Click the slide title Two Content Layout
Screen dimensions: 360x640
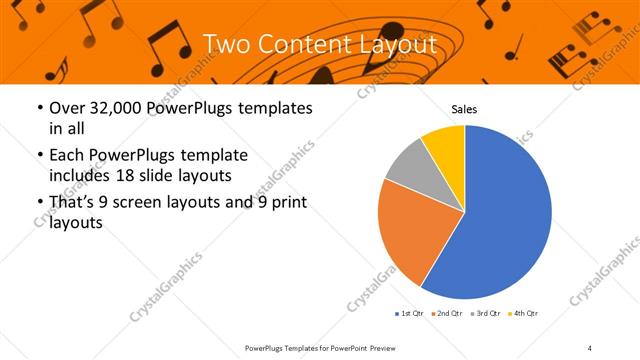pyautogui.click(x=319, y=44)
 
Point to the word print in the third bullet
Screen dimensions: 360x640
pyautogui.click(x=284, y=204)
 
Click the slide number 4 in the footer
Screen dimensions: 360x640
pyautogui.click(x=589, y=347)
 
